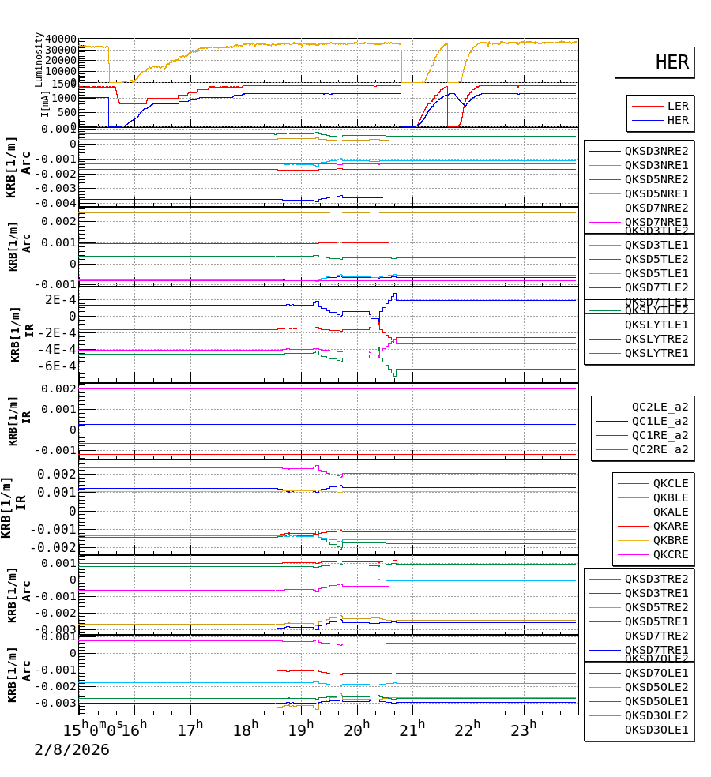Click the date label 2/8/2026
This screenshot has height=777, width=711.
click(71, 749)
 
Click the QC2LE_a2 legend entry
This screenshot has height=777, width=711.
click(660, 407)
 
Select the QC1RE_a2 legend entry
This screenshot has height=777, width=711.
click(660, 435)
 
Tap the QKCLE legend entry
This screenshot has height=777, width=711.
click(670, 483)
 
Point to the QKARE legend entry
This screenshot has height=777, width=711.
click(670, 526)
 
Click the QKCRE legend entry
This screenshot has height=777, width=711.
click(670, 554)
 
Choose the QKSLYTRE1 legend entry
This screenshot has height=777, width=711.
click(656, 353)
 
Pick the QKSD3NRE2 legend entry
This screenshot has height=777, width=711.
click(656, 151)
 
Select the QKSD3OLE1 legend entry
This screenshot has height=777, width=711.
click(656, 730)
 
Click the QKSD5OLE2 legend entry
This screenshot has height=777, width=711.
click(656, 687)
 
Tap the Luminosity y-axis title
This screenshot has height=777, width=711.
click(39, 58)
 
